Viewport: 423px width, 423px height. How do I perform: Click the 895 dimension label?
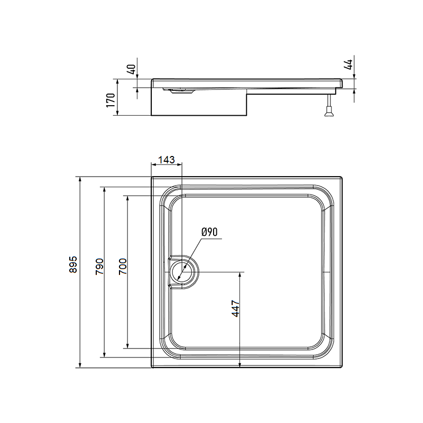pos(73,264)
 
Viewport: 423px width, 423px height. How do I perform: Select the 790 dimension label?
pos(99,266)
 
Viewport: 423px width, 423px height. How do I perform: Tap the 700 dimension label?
pos(123,266)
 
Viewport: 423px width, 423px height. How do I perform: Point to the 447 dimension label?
pos(235,309)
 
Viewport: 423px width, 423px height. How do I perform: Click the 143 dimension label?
pos(167,160)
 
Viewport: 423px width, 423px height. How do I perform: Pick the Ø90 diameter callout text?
pos(209,232)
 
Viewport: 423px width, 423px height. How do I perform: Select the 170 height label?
pos(111,100)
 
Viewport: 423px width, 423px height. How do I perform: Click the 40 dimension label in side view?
pos(131,70)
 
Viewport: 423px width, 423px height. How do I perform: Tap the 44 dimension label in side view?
pos(348,65)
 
